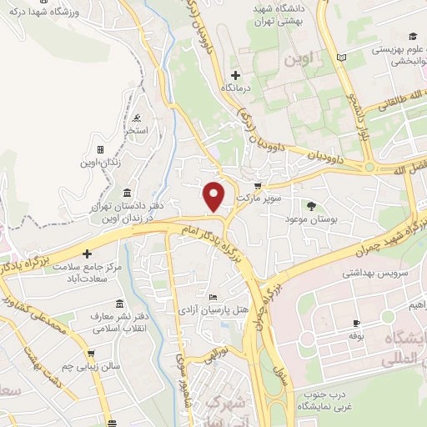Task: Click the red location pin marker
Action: tap(214, 196)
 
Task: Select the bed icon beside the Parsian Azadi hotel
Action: tap(213, 298)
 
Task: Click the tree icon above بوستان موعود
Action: tap(312, 205)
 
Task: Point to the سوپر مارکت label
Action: tap(255, 200)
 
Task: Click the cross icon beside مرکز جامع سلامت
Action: tap(87, 254)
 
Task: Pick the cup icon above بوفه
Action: tap(357, 323)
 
